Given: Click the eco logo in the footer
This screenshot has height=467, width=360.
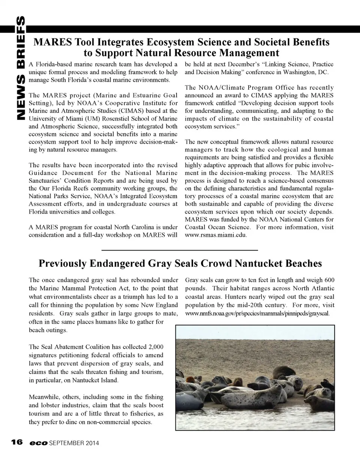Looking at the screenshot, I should point(39,443).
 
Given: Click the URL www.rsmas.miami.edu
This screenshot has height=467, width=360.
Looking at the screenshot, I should point(216,235).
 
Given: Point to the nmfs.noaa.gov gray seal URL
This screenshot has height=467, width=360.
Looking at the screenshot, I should point(258,313).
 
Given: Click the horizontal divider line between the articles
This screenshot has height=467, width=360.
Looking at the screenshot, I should point(180,250).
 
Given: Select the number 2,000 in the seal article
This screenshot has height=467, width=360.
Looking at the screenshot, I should point(156,347).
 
